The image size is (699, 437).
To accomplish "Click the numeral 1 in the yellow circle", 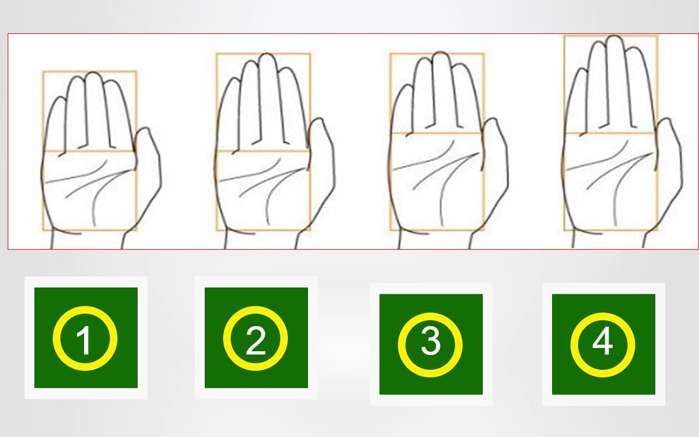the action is tap(84, 340).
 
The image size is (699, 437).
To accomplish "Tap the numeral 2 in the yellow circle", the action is tap(256, 340).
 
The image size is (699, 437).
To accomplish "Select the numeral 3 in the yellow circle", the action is tap(431, 342).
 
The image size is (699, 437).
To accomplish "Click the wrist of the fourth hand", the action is tap(608, 240).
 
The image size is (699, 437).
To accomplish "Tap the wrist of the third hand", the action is tap(434, 240).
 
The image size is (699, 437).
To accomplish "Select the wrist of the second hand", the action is tap(260, 240).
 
